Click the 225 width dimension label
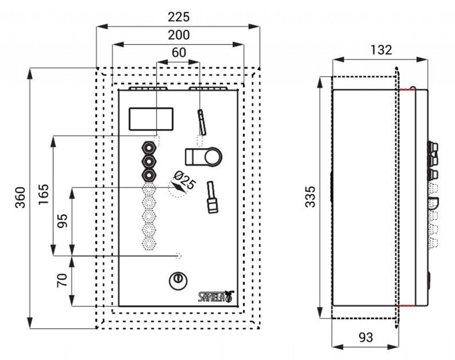point(179,17)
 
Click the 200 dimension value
point(179,35)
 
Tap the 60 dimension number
point(179,52)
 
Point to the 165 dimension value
point(44,194)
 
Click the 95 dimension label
point(62,221)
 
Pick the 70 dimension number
point(62,280)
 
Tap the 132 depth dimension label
point(381,50)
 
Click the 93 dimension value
point(365,337)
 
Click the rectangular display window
point(151,119)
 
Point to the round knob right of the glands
point(212,156)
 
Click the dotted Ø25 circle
point(177,188)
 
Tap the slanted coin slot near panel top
point(202,122)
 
